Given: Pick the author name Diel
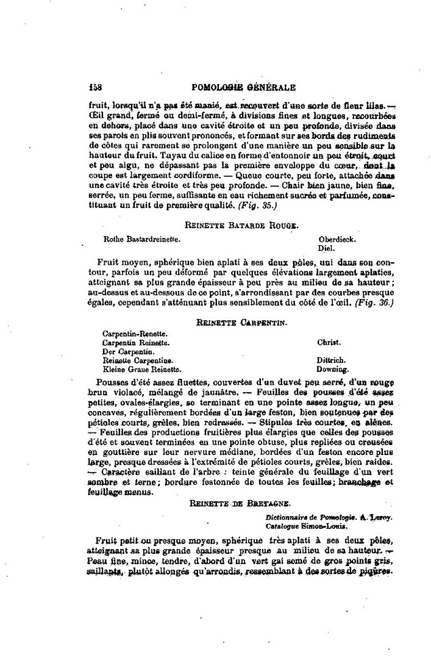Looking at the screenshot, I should point(326,248).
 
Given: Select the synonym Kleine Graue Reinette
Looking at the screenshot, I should point(141,369).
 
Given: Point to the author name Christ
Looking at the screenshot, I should point(329,343).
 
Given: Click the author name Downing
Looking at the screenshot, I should point(333,369).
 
